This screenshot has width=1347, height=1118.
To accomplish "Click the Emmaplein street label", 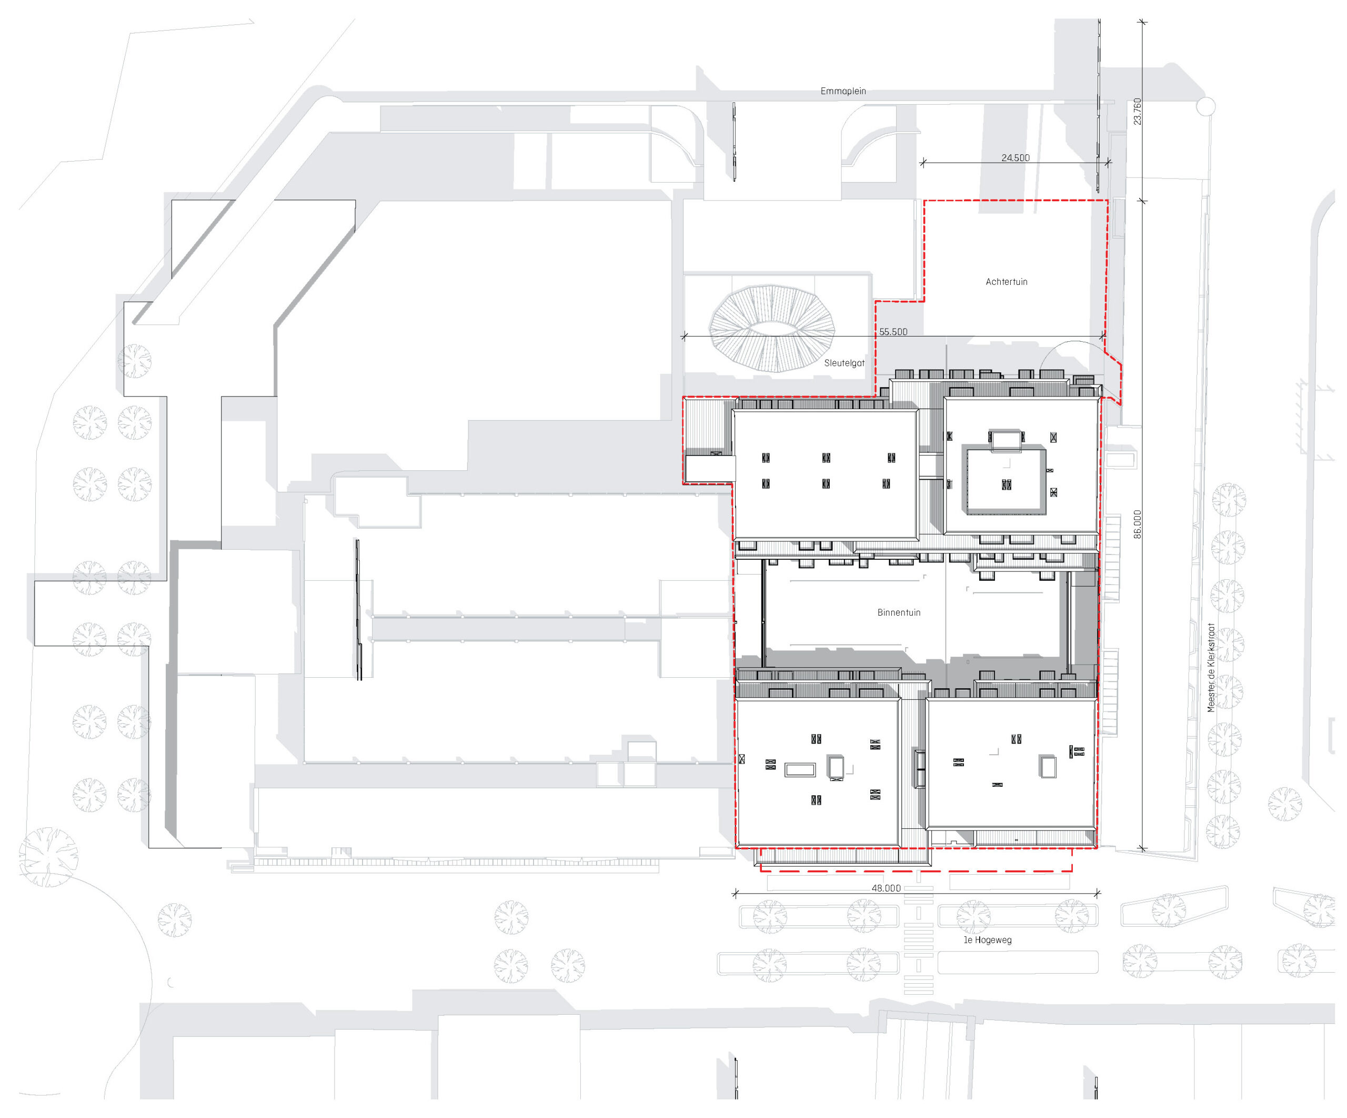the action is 843,91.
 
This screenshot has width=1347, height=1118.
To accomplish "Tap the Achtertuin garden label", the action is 1007,282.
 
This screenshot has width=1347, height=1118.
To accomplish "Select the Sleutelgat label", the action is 844,363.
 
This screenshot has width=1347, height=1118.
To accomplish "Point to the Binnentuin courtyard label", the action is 899,613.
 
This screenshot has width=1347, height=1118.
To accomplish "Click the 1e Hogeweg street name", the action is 988,940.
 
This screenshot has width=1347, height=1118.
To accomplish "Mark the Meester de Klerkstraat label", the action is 1211,668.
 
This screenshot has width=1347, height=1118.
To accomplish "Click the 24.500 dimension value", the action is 1016,158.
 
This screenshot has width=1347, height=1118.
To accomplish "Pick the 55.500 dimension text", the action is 893,332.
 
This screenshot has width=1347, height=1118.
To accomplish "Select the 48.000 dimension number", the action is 886,888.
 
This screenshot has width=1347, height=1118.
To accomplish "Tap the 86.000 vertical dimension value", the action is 1137,525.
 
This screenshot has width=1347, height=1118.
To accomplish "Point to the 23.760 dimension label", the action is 1137,111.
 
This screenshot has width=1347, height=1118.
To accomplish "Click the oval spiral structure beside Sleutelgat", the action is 772,329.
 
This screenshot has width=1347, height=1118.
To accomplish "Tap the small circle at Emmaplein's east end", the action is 1206,106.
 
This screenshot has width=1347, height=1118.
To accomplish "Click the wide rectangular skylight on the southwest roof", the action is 800,769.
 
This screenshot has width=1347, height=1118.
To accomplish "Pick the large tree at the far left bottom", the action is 49,857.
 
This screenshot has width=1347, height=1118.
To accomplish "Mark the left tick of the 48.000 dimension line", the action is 735,893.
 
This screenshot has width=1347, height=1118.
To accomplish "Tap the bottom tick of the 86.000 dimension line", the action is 1142,848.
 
